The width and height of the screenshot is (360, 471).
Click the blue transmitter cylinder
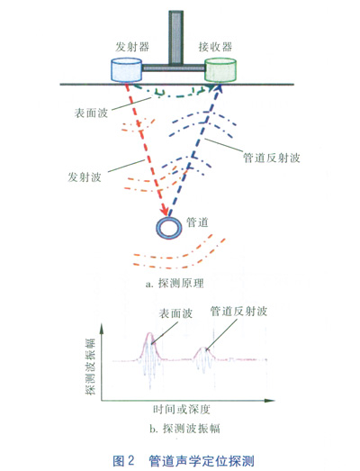126,70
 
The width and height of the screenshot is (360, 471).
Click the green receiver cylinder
220,70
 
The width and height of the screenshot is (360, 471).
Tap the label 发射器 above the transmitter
132,47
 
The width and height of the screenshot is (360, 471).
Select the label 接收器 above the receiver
215,47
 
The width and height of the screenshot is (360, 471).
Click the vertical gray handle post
175,38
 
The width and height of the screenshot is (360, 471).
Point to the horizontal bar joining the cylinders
173,68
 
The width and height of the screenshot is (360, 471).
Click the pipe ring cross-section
169,228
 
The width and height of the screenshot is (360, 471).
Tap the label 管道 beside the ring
197,222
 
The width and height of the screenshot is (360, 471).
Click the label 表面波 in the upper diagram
91,113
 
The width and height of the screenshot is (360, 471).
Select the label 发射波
85,177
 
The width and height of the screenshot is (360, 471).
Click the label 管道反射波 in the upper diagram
272,158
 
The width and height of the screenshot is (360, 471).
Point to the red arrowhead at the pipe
165,211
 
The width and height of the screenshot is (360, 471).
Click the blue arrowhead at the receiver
219,87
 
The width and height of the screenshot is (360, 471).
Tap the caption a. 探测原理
175,284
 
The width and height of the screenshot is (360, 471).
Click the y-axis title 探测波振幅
90,367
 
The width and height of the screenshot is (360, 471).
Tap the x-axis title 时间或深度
182,410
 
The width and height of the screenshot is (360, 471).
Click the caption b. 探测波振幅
184,429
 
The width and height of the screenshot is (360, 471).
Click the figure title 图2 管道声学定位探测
184,460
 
